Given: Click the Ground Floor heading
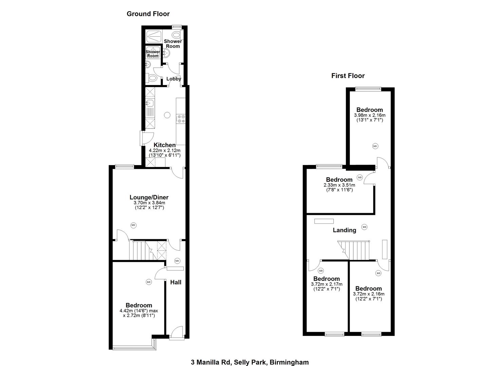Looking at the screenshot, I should (x=148, y=14).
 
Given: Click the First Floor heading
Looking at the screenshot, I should (x=348, y=76).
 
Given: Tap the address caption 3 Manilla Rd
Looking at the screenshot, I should (x=249, y=362).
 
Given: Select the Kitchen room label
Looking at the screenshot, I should (x=165, y=145).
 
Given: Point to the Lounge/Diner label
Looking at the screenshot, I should (x=149, y=197).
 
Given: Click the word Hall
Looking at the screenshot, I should (x=175, y=282).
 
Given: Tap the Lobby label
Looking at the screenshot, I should (x=173, y=79).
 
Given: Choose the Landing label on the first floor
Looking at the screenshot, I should (x=344, y=230).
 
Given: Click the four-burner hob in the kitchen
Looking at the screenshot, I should (x=181, y=119).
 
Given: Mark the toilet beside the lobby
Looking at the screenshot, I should (x=152, y=78).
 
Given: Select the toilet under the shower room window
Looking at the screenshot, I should (x=176, y=35).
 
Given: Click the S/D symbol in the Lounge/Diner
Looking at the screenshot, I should (x=133, y=225).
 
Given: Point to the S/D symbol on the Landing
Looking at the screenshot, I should (x=364, y=227).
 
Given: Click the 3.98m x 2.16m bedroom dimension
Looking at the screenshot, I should (x=370, y=115).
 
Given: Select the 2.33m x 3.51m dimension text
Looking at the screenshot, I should (x=339, y=185).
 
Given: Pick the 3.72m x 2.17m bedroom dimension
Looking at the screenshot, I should (x=326, y=284).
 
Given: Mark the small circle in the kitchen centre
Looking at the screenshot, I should (x=167, y=115).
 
